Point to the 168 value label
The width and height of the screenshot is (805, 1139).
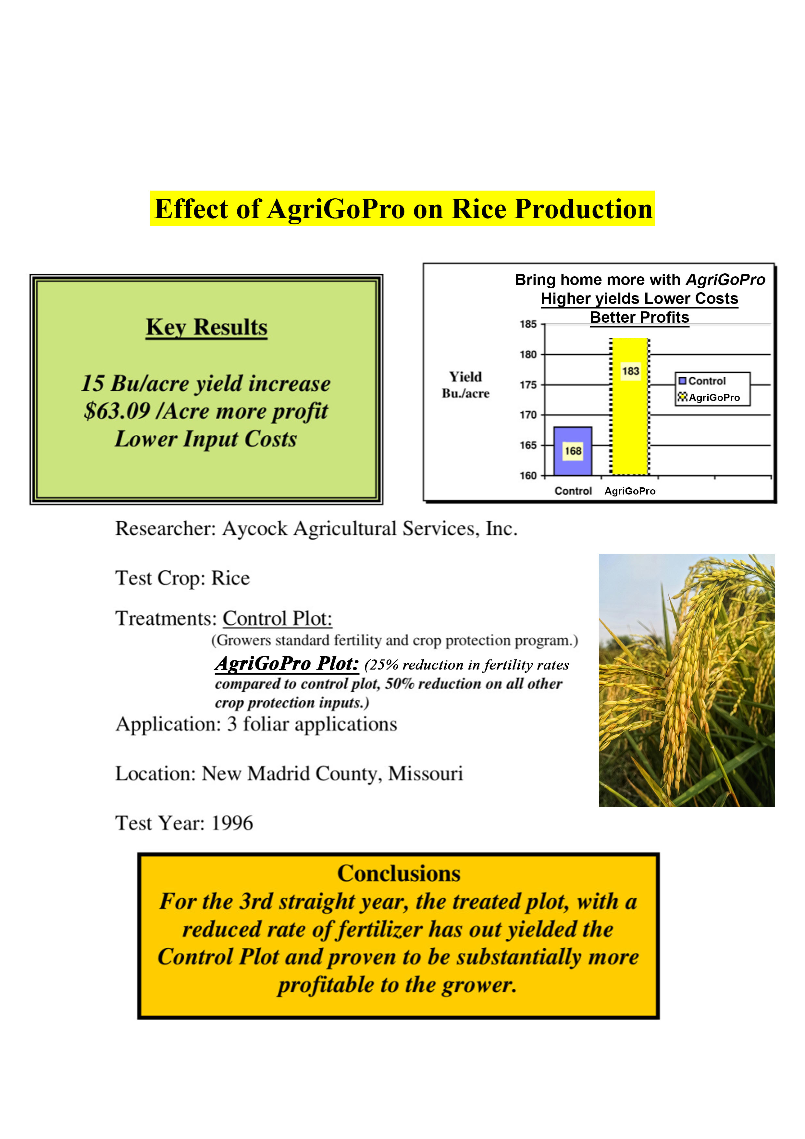[x=573, y=451]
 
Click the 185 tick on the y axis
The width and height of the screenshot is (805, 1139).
[x=528, y=324]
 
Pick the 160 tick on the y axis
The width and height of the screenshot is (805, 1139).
[x=528, y=475]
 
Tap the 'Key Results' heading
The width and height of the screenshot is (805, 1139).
[x=206, y=327]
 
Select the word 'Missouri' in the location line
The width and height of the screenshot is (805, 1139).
[x=425, y=773]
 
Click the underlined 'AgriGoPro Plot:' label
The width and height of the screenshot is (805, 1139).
[x=287, y=663]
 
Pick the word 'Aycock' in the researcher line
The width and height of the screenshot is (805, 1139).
[x=254, y=529]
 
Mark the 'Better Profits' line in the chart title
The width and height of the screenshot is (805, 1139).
[x=639, y=318]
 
